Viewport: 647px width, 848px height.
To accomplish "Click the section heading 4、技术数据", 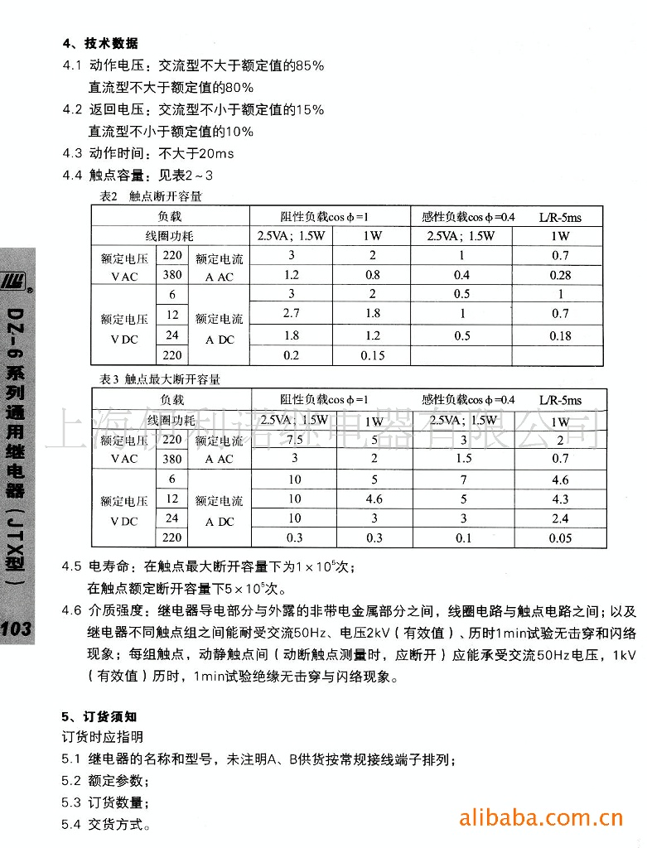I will click(100, 43).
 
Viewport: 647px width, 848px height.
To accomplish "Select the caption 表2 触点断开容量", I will click(150, 197).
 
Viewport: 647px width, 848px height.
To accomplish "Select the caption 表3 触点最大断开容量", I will click(160, 380).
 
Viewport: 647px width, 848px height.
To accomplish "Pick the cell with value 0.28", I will click(561, 275).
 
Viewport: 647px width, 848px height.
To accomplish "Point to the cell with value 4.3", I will click(561, 499).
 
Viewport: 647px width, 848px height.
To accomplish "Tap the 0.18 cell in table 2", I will click(561, 335).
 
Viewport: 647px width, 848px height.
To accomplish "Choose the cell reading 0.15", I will click(373, 355).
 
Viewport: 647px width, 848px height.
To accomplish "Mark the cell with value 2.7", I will click(292, 314).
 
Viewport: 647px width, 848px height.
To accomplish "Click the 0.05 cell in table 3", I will click(561, 538).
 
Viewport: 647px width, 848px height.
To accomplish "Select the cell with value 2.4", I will click(561, 519).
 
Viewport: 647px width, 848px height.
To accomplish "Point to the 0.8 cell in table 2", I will click(373, 275).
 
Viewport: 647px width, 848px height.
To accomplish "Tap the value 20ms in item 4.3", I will click(217, 153).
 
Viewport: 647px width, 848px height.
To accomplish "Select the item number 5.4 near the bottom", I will click(72, 825).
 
